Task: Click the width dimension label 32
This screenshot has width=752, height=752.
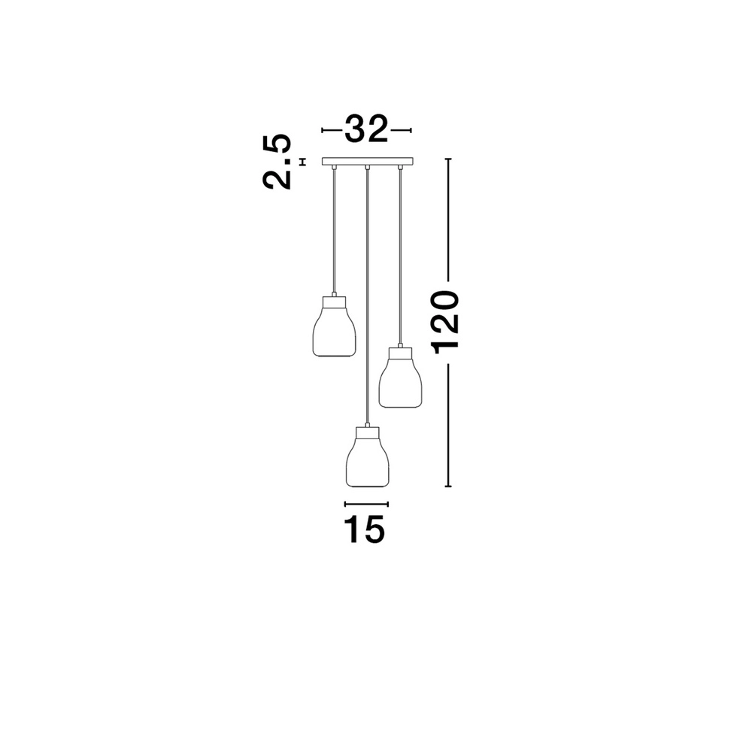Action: point(366,130)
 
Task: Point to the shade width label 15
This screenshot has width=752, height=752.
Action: point(365,530)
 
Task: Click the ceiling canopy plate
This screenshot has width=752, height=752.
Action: point(367,161)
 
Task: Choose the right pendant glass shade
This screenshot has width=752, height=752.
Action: point(400,382)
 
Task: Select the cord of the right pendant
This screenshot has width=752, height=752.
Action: point(400,256)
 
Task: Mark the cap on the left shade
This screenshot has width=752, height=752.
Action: point(334,301)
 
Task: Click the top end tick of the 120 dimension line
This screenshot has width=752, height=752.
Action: point(449,159)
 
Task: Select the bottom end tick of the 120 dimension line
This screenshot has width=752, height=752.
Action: point(449,487)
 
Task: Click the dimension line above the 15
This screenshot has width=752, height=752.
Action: point(366,504)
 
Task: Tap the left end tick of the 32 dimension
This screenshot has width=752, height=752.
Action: point(322,130)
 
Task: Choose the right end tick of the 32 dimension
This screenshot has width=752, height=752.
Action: point(411,130)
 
